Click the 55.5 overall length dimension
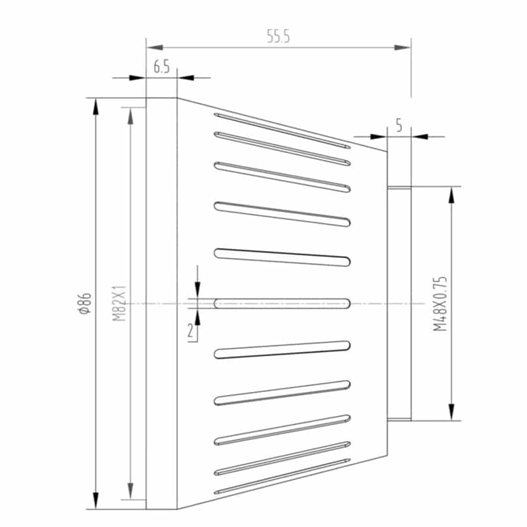point(278,36)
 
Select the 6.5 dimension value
point(162,66)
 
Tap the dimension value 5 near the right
point(399,125)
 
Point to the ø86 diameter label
point(85,303)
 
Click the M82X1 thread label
point(119,303)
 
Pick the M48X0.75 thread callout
point(440,304)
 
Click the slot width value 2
point(191,331)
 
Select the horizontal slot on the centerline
point(282,304)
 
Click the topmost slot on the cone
point(282,131)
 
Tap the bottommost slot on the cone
point(282,476)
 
